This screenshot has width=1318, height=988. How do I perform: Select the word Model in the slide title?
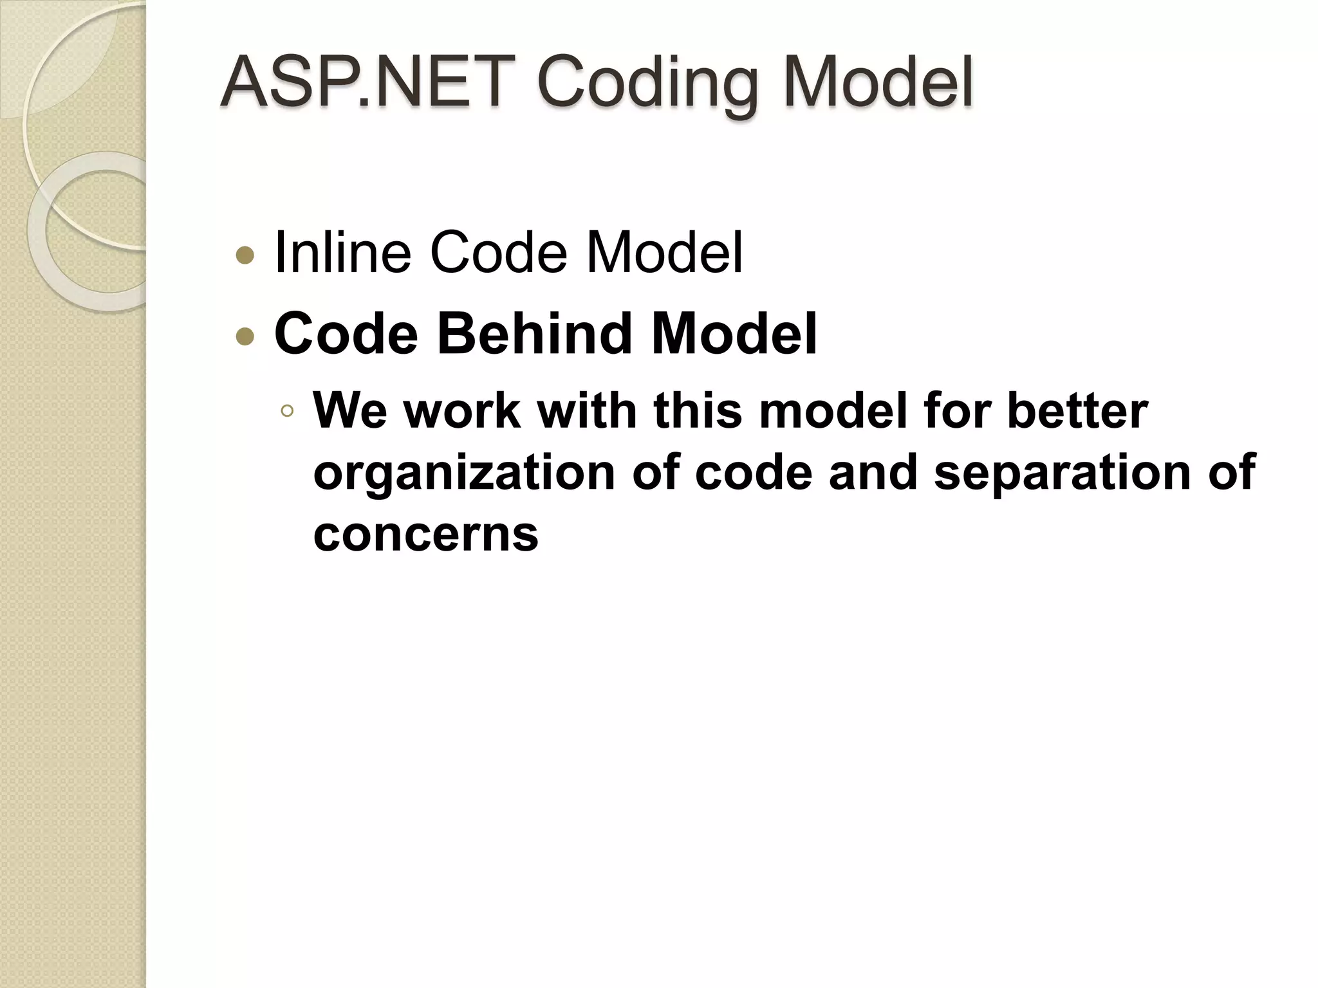(x=878, y=82)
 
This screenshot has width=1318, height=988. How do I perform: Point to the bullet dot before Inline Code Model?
(x=245, y=257)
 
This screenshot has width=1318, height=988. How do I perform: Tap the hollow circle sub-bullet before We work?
(x=287, y=411)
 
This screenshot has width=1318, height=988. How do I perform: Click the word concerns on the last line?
(x=425, y=534)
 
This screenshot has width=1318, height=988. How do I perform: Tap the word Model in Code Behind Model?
(x=734, y=333)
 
